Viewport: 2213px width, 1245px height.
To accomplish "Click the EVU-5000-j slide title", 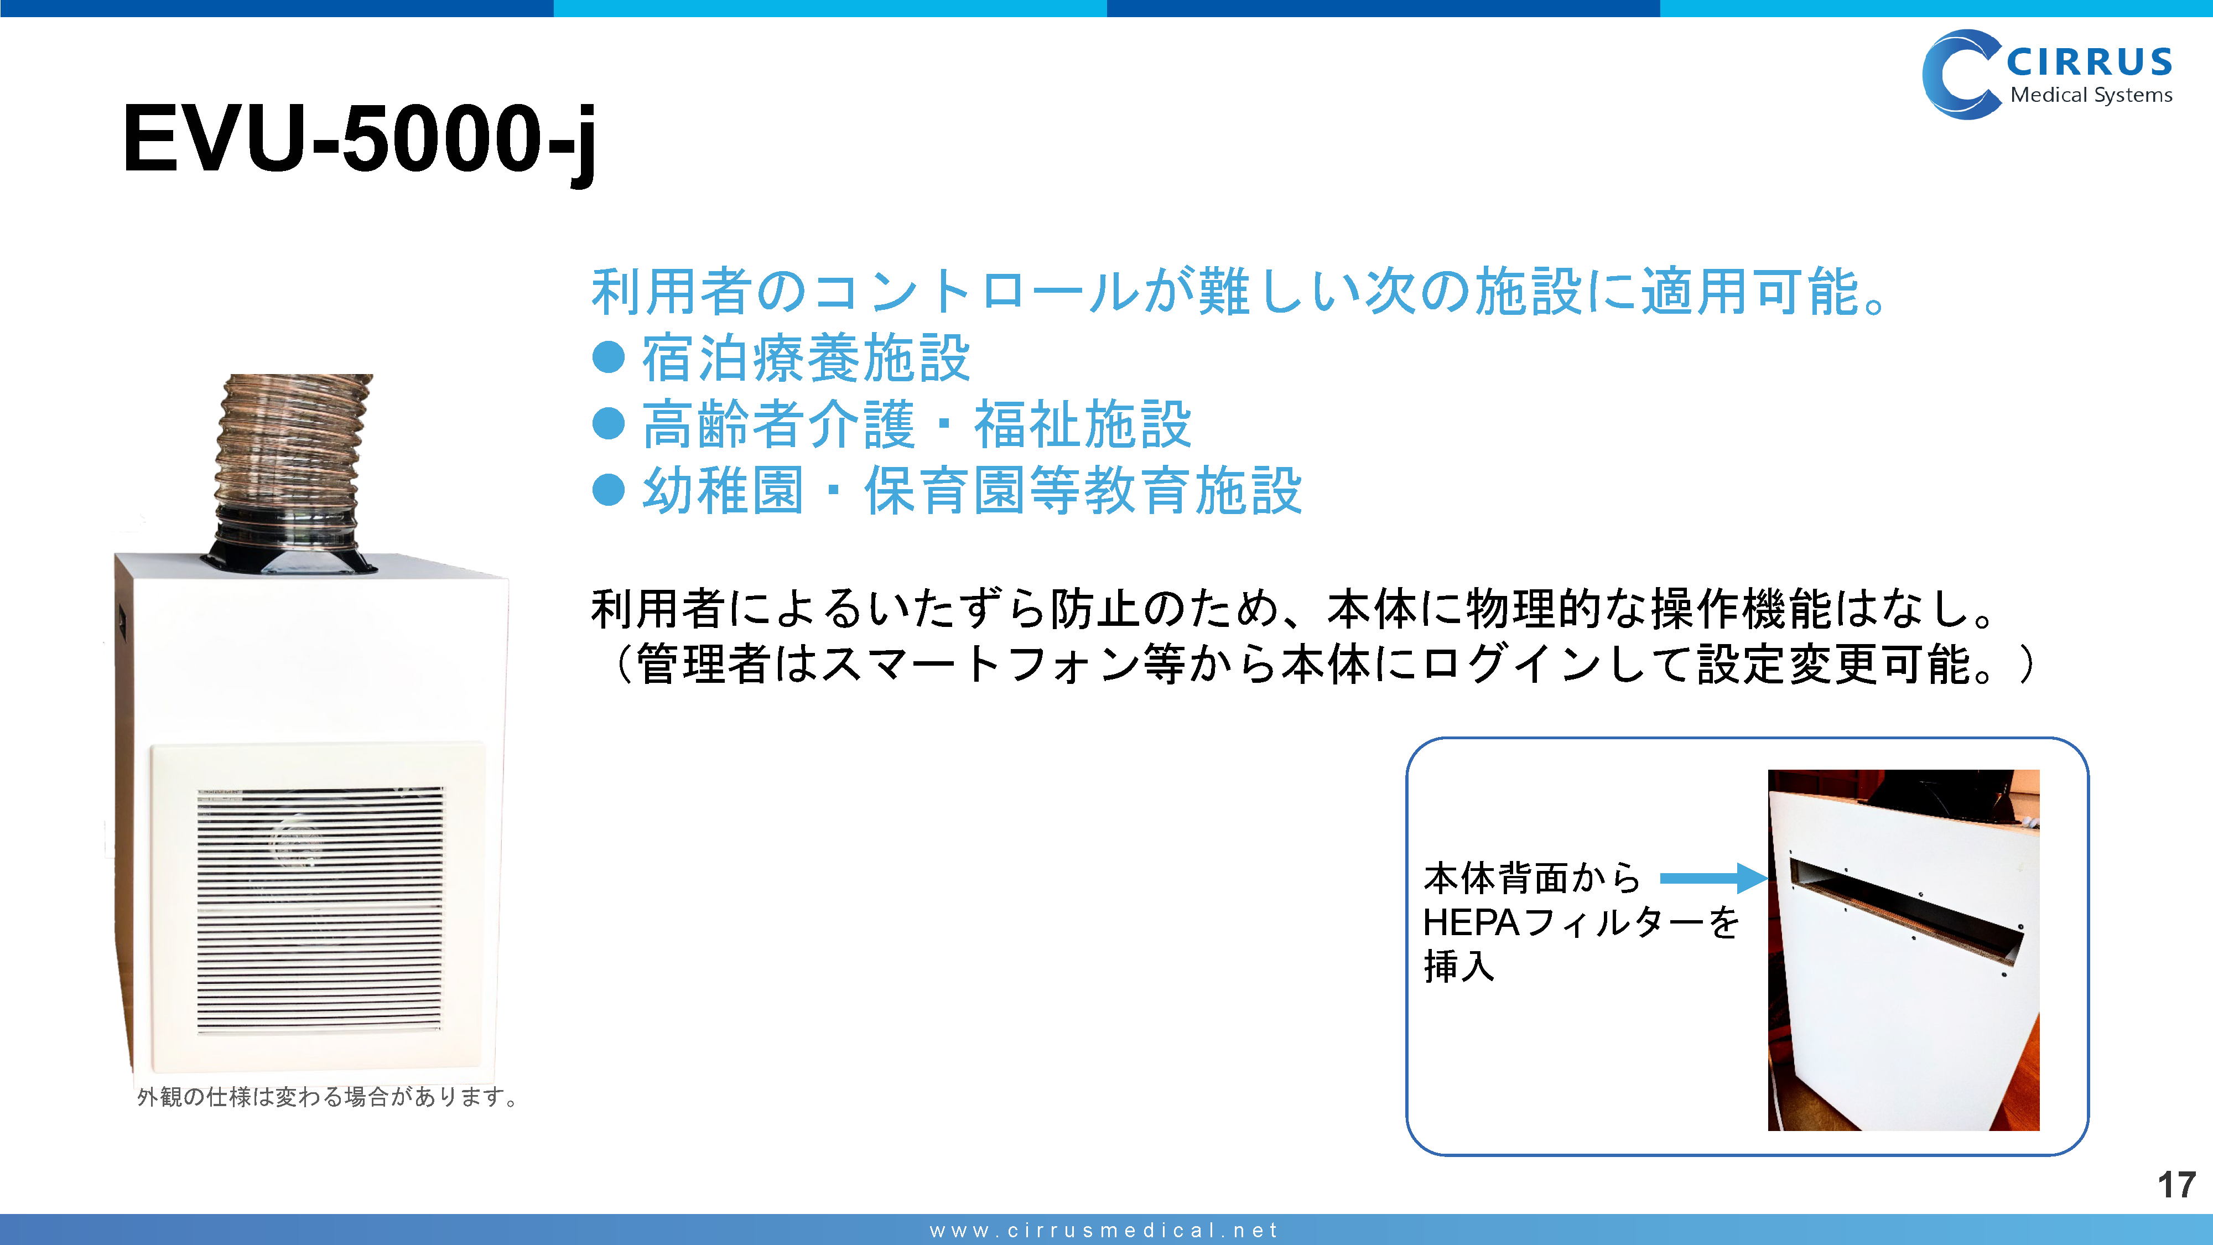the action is [359, 140].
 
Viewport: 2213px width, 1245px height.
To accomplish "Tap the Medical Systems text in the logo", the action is [2091, 95].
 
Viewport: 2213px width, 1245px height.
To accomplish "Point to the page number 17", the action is [2176, 1185].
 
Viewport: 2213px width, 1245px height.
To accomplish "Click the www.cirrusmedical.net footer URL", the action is [1105, 1231].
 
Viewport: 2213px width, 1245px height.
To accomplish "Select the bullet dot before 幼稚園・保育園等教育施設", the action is [608, 490].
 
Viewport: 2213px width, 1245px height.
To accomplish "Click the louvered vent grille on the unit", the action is [320, 909].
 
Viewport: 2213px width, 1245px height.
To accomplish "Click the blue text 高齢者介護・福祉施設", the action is [917, 424].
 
